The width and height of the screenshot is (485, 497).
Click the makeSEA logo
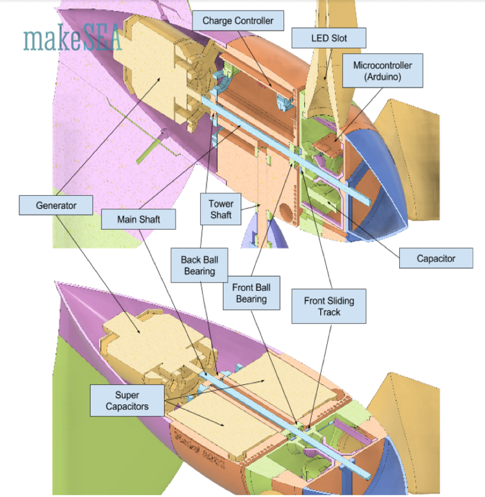[x=72, y=39]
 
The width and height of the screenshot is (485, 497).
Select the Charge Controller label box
[x=238, y=21]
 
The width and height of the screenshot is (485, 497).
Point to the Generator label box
[x=56, y=205]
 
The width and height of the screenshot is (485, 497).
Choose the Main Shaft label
[x=138, y=219]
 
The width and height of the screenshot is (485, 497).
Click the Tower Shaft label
[x=222, y=210]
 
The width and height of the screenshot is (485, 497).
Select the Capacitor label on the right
[x=436, y=259]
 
